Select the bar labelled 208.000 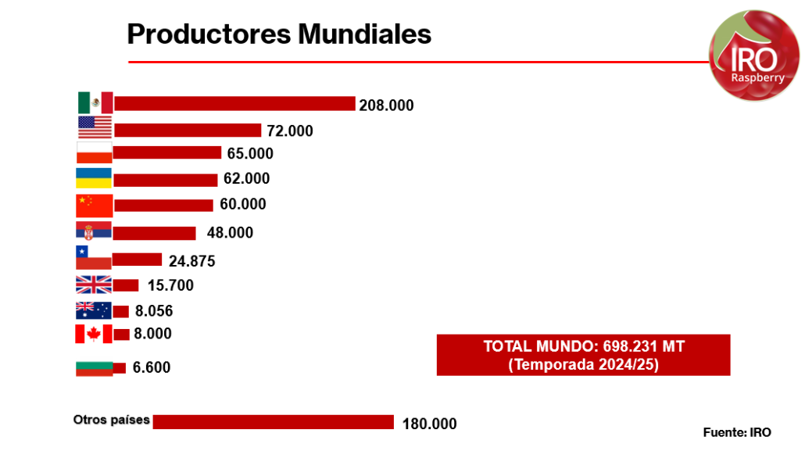click(x=234, y=103)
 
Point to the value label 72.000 click(x=290, y=131)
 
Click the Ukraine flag click(x=93, y=178)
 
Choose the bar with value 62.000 click(x=165, y=180)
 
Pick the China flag click(x=95, y=205)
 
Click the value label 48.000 click(x=230, y=233)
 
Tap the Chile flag click(x=93, y=258)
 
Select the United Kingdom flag click(x=94, y=285)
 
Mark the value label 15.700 click(x=170, y=285)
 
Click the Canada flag click(x=93, y=335)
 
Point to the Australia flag click(x=93, y=310)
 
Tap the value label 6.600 click(x=152, y=367)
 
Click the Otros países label click(x=111, y=420)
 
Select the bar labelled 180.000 click(x=273, y=422)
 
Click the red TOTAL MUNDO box click(x=583, y=355)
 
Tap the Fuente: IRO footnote click(x=737, y=432)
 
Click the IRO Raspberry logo click(x=754, y=59)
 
